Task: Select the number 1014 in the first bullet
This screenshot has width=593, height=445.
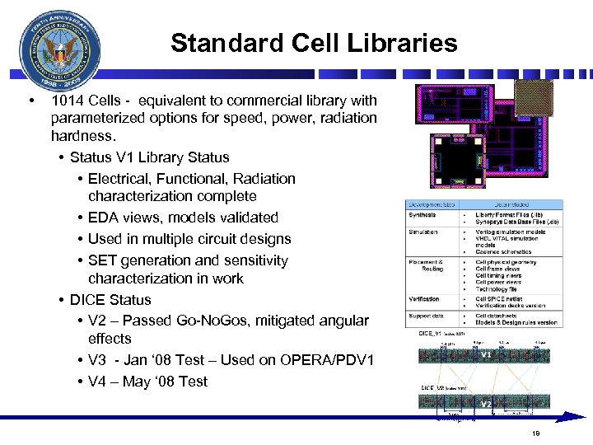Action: (x=66, y=101)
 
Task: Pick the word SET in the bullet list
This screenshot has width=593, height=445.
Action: (x=103, y=260)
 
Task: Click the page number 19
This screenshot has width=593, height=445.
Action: (x=535, y=433)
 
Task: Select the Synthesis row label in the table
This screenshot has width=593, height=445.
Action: (x=423, y=216)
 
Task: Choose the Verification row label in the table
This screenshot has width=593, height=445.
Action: (x=424, y=299)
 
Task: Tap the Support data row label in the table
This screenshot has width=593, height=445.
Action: (x=426, y=316)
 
